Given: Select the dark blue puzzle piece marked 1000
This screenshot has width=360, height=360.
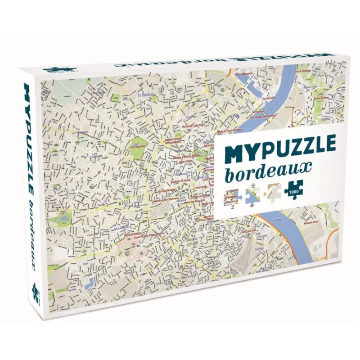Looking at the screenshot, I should (294, 189).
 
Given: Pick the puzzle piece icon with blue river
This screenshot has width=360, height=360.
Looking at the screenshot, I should (253, 193).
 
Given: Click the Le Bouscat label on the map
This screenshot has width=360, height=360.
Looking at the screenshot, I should (146, 95).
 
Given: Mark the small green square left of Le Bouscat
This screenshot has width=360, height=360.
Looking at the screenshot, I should (118, 97).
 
